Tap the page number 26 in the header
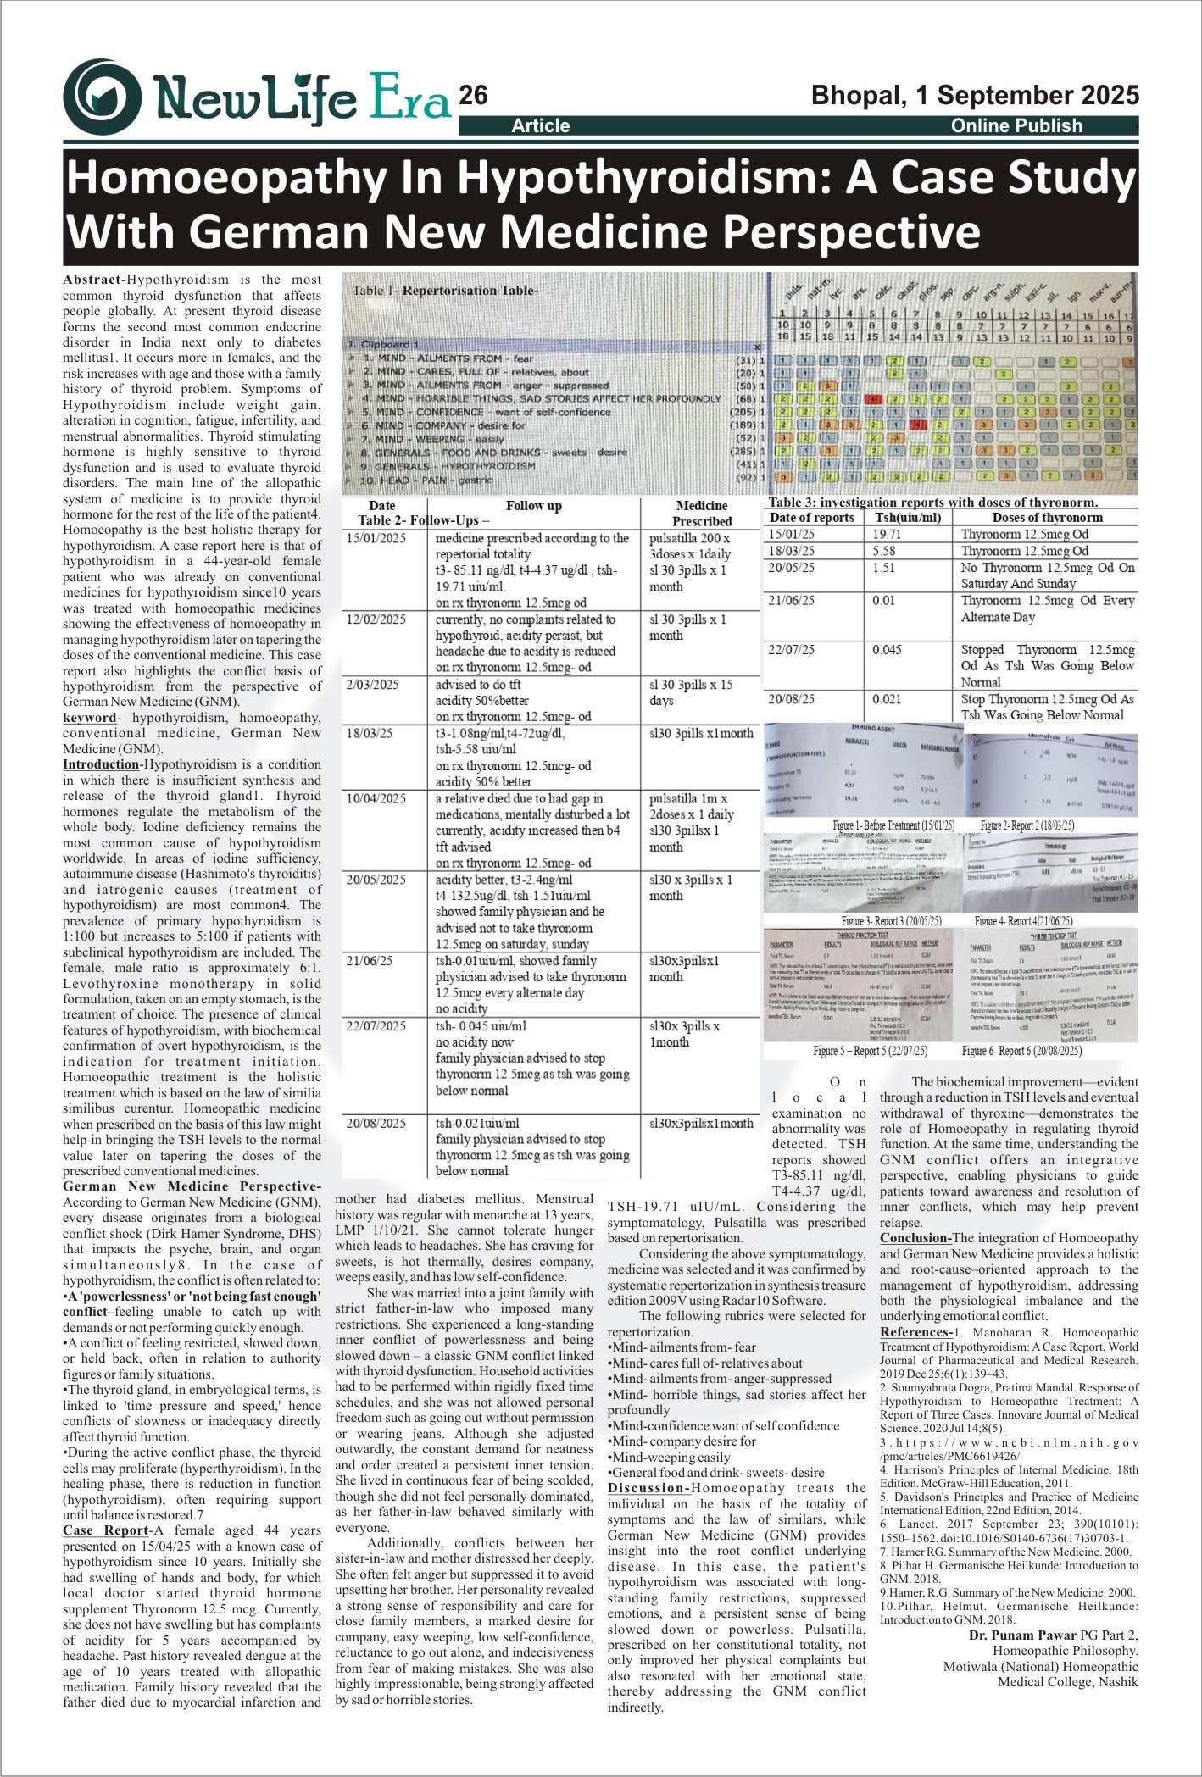pos(473,96)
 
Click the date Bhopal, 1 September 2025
pos(975,95)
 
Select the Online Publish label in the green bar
pos(1016,126)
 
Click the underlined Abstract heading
pos(91,280)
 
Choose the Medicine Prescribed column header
pos(701,513)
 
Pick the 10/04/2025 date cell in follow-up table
pos(376,798)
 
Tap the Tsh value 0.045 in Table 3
pos(887,650)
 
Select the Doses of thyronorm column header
pos(1047,518)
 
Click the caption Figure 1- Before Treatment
pos(893,825)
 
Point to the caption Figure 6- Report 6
pos(1021,1051)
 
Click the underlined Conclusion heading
pos(915,1238)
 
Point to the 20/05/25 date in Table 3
pos(791,568)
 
